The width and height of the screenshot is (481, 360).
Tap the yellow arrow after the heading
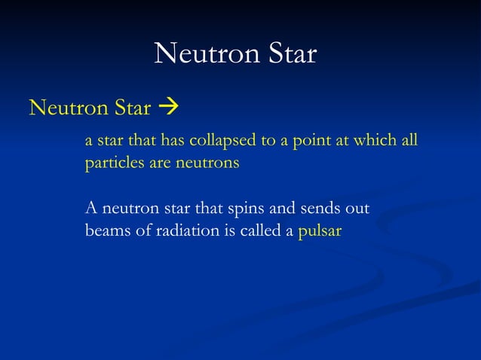point(167,109)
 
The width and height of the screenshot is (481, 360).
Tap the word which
point(370,142)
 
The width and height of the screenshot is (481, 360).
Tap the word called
point(259,231)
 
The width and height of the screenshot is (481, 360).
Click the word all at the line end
point(408,142)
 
